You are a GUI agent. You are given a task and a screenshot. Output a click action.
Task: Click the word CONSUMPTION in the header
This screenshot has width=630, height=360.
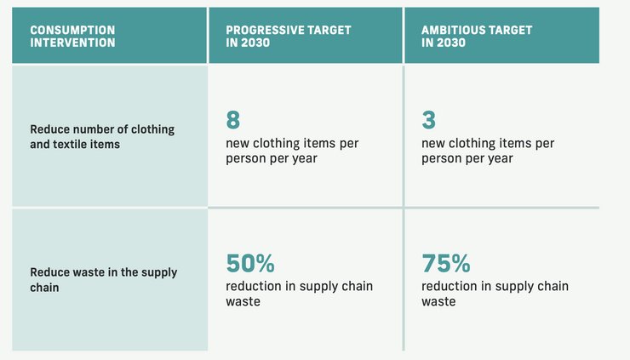pos(72,30)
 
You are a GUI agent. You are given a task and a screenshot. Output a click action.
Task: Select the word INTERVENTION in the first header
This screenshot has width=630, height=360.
pos(72,43)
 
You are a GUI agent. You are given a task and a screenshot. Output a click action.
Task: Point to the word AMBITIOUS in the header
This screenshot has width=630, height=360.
pos(453,30)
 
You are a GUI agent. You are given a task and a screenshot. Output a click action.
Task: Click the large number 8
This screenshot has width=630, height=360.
pos(233,120)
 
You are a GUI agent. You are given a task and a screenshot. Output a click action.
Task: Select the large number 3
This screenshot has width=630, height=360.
pos(429,120)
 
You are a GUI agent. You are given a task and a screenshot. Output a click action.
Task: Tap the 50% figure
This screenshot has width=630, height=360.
pos(250,263)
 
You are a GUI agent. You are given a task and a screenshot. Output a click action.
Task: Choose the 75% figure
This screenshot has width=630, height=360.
pos(446,263)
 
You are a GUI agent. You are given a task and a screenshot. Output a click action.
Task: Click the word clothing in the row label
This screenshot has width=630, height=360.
pos(153,129)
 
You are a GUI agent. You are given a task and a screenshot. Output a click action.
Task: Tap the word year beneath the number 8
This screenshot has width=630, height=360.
pos(305,158)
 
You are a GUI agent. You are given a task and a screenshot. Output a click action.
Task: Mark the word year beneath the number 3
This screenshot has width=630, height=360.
pos(501,158)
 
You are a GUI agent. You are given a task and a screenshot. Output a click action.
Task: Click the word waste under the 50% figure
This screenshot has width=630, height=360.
pos(243,302)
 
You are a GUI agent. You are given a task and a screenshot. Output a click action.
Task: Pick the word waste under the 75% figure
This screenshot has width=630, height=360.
pos(438,302)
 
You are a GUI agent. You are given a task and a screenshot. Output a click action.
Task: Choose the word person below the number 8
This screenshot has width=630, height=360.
pos(246,158)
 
